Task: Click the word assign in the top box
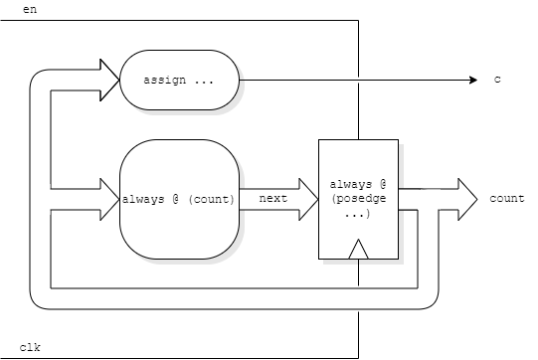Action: (164, 79)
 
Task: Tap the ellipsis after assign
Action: (205, 79)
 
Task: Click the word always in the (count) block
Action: (143, 199)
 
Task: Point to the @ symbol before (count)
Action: (175, 199)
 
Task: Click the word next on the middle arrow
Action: (272, 199)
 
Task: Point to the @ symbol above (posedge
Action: (382, 185)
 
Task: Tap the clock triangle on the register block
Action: (358, 251)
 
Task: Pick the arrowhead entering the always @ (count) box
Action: (110, 199)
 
